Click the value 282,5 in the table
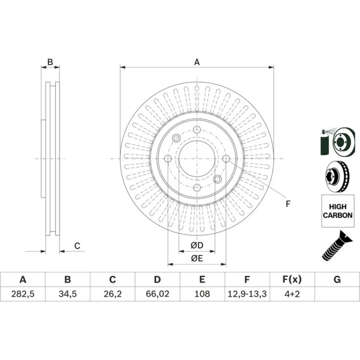click(x=23, y=294)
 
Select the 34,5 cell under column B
click(x=68, y=294)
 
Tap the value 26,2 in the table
click(x=112, y=294)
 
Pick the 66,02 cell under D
click(x=158, y=294)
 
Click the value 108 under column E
click(x=202, y=294)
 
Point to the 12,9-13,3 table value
click(x=247, y=294)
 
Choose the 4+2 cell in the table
click(x=292, y=294)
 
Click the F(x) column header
click(x=292, y=279)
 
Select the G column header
click(x=337, y=279)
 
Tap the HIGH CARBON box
click(x=338, y=211)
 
